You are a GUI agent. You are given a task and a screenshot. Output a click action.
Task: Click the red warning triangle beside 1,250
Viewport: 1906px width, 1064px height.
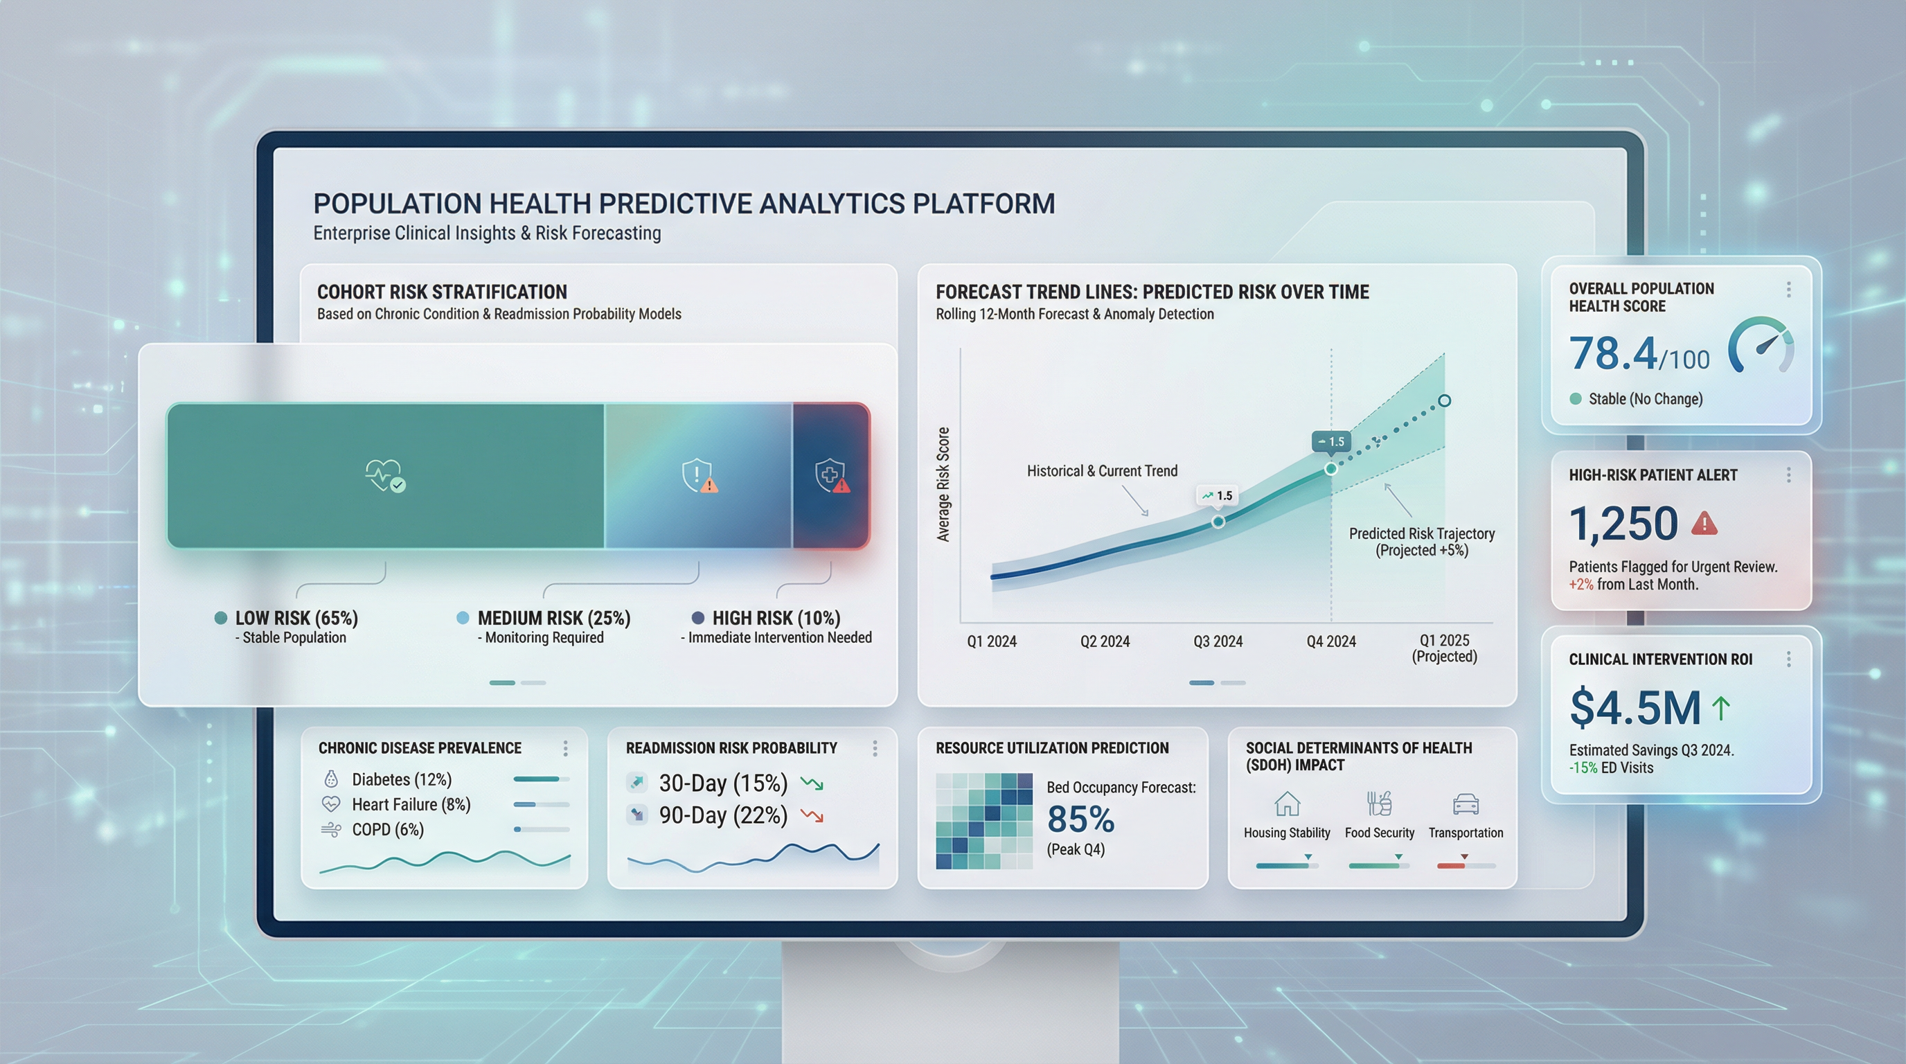coord(1704,523)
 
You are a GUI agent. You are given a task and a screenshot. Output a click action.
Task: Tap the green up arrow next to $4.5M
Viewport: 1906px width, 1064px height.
coord(1721,707)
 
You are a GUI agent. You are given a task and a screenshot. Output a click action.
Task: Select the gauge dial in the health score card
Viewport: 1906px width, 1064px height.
coord(1761,346)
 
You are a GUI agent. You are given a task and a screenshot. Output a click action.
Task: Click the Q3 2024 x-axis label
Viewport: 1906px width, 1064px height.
coord(1218,641)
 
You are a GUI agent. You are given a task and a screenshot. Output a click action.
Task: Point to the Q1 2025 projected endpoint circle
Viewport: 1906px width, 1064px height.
coord(1444,401)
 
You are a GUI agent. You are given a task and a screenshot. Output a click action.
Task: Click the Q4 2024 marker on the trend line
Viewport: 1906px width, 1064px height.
coord(1331,468)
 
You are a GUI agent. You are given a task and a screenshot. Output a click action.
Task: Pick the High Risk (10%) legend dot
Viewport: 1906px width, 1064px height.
coord(697,618)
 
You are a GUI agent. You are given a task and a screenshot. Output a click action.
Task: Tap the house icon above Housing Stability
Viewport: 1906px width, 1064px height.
coord(1288,804)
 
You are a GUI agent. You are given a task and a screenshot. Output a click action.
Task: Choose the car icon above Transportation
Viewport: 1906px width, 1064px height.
coord(1466,804)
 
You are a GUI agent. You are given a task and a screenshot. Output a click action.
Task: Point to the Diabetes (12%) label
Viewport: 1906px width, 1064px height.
coord(402,780)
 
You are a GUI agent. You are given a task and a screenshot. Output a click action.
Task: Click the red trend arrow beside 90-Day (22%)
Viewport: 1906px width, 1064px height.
coord(812,816)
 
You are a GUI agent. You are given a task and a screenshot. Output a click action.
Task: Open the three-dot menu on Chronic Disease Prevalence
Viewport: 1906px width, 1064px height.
coord(565,749)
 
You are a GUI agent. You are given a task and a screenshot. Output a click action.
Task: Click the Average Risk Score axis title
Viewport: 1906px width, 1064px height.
coord(943,485)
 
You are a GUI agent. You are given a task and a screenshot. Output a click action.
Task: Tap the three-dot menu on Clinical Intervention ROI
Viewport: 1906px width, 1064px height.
coord(1789,659)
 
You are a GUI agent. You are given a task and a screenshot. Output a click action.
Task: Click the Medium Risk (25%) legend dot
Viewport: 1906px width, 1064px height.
coord(463,618)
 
